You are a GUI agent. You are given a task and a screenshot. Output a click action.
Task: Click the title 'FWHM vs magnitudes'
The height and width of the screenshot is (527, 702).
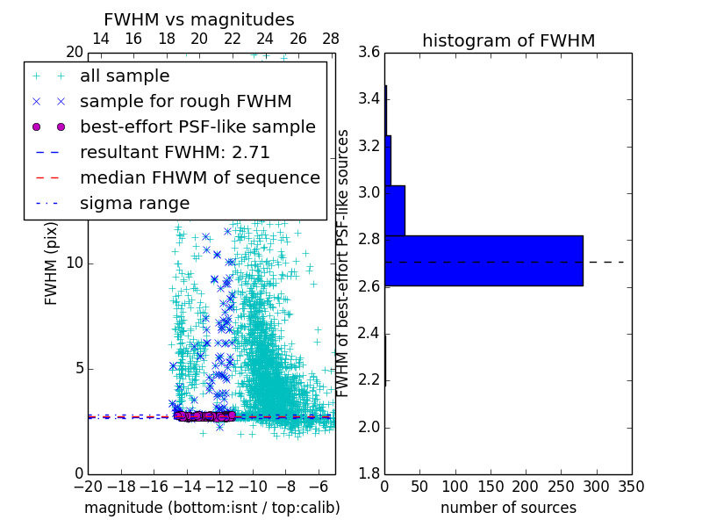(199, 19)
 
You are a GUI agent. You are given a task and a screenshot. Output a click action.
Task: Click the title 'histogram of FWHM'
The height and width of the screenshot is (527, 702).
(508, 40)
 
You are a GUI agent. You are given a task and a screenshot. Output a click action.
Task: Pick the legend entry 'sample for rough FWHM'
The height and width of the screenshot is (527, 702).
(185, 102)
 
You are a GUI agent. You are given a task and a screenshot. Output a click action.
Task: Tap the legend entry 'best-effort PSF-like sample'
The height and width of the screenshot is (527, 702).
(197, 127)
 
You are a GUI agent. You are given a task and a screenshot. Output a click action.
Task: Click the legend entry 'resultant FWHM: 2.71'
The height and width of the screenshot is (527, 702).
(175, 153)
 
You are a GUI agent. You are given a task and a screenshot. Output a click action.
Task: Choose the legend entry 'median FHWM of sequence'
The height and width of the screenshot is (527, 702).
(199, 178)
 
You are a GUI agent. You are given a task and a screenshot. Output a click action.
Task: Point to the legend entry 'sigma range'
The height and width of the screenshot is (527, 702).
(134, 204)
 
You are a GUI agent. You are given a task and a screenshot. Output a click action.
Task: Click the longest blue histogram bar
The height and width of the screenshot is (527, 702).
(484, 261)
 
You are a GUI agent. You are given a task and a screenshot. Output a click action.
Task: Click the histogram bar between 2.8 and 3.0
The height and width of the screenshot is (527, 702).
(395, 211)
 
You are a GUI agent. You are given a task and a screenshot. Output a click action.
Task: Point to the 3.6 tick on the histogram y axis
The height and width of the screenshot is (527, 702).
(369, 53)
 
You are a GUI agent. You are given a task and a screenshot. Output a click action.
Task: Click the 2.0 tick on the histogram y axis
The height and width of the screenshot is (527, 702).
(369, 427)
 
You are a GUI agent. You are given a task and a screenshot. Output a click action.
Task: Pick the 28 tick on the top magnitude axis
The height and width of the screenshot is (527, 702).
(331, 39)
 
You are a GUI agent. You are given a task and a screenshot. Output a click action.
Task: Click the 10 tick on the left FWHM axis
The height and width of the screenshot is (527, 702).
(75, 263)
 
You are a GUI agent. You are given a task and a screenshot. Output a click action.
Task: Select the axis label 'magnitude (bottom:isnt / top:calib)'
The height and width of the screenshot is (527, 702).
(211, 508)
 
